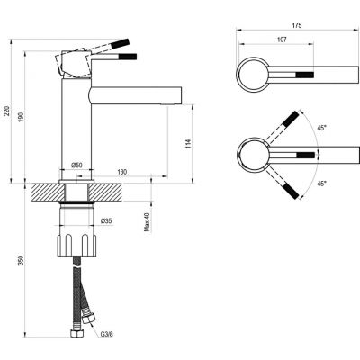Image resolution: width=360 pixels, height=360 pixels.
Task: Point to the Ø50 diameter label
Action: coord(77,165)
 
